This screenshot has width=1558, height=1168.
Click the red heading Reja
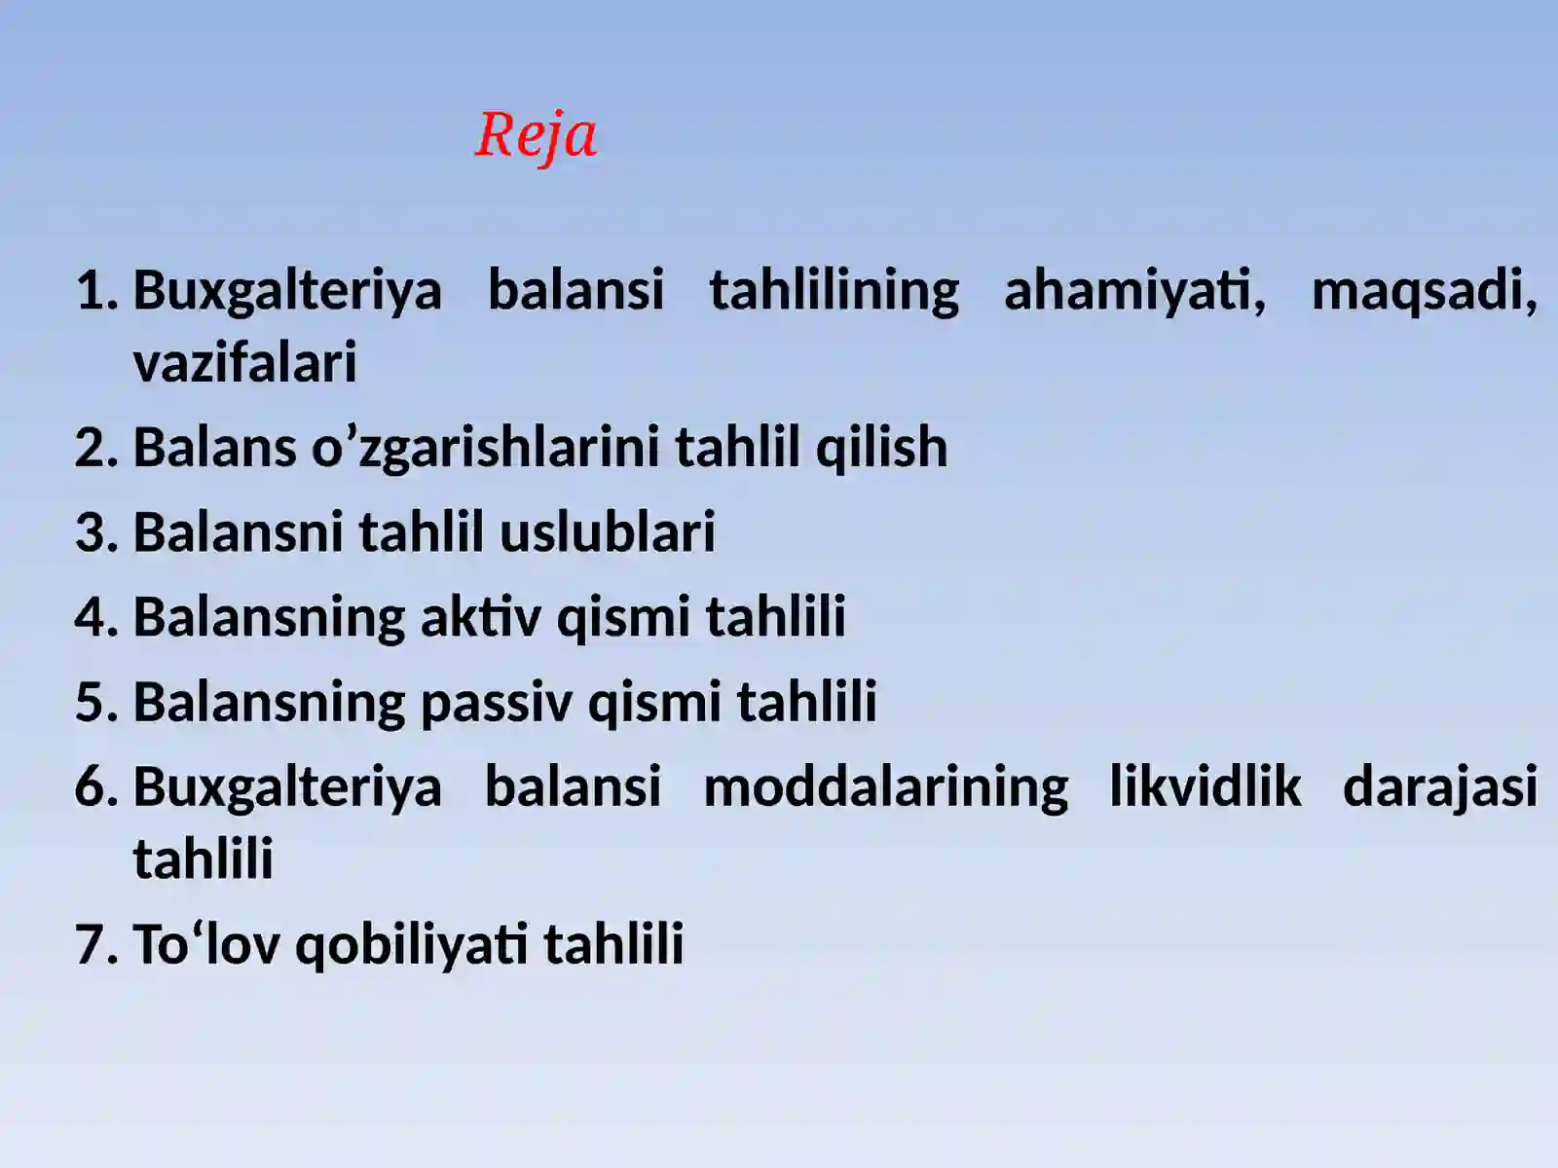click(536, 135)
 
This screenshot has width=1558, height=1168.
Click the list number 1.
click(95, 291)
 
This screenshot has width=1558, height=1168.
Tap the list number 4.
click(95, 617)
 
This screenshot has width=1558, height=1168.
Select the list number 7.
click(95, 944)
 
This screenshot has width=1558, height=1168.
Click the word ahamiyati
click(1134, 291)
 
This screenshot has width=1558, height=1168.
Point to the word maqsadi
click(1424, 291)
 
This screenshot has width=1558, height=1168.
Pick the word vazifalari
click(245, 363)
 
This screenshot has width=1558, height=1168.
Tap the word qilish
click(881, 448)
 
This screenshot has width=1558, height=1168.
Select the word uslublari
click(607, 532)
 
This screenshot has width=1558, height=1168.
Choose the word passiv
click(496, 702)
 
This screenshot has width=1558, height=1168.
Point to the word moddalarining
click(885, 786)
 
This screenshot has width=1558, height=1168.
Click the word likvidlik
click(1205, 786)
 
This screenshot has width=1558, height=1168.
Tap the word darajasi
click(1439, 786)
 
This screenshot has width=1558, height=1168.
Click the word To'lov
click(206, 944)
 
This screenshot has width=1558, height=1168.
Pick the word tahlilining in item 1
click(834, 291)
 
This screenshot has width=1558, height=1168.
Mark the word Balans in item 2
click(214, 448)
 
